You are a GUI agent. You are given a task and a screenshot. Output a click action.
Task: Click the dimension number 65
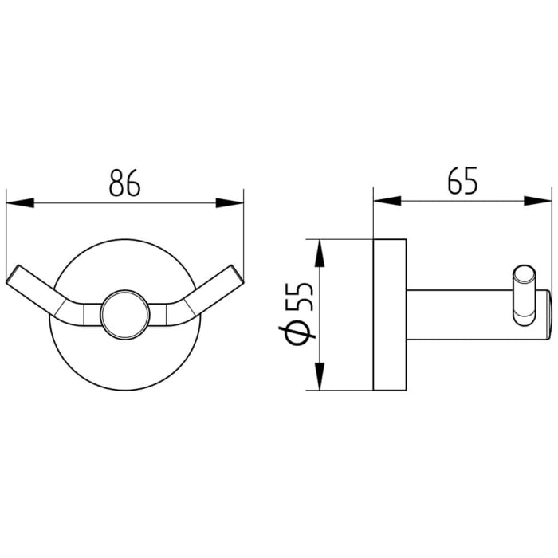pyautogui.click(x=462, y=182)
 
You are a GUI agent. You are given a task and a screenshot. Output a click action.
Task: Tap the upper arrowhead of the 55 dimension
pyautogui.click(x=319, y=253)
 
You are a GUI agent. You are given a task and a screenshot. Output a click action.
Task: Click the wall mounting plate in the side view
pyautogui.click(x=391, y=314)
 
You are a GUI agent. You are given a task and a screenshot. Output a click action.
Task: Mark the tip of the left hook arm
pyautogui.click(x=17, y=276)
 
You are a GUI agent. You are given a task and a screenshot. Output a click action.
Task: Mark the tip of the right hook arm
pyautogui.click(x=232, y=276)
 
